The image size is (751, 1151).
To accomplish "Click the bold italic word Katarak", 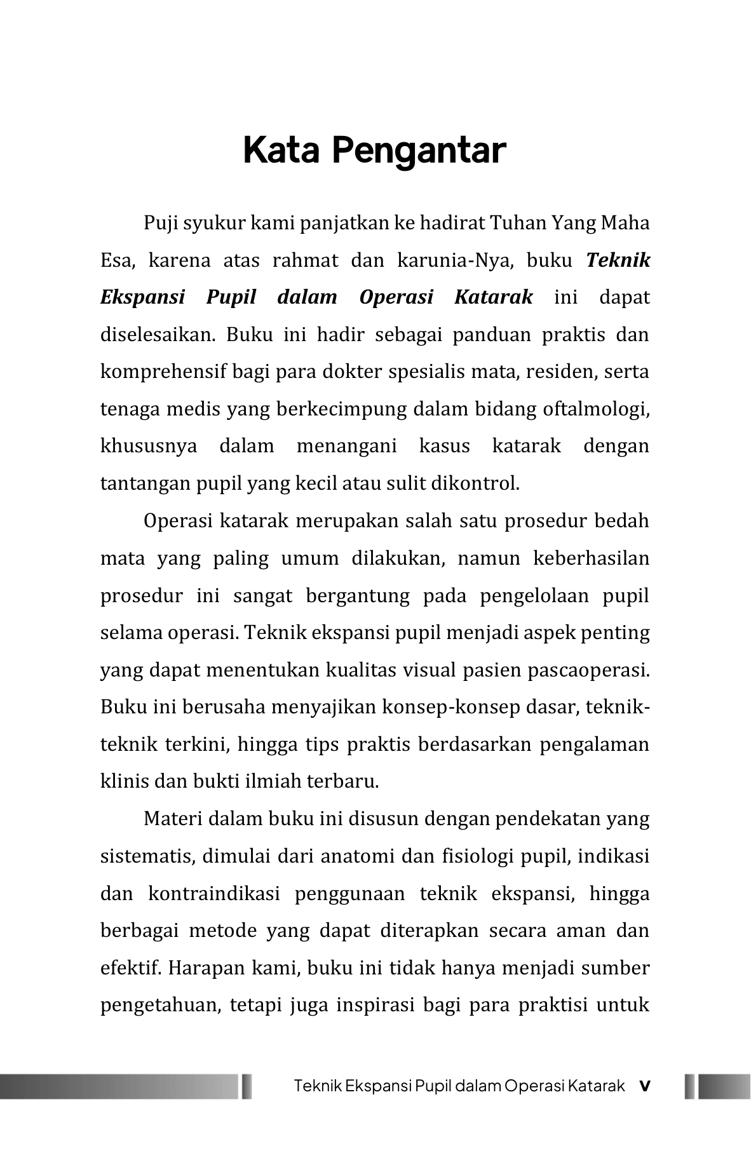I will click(493, 297).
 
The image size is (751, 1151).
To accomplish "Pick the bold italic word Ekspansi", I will click(142, 297).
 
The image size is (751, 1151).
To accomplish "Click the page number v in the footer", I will click(644, 1086).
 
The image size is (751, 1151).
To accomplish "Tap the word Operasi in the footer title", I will click(534, 1086).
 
